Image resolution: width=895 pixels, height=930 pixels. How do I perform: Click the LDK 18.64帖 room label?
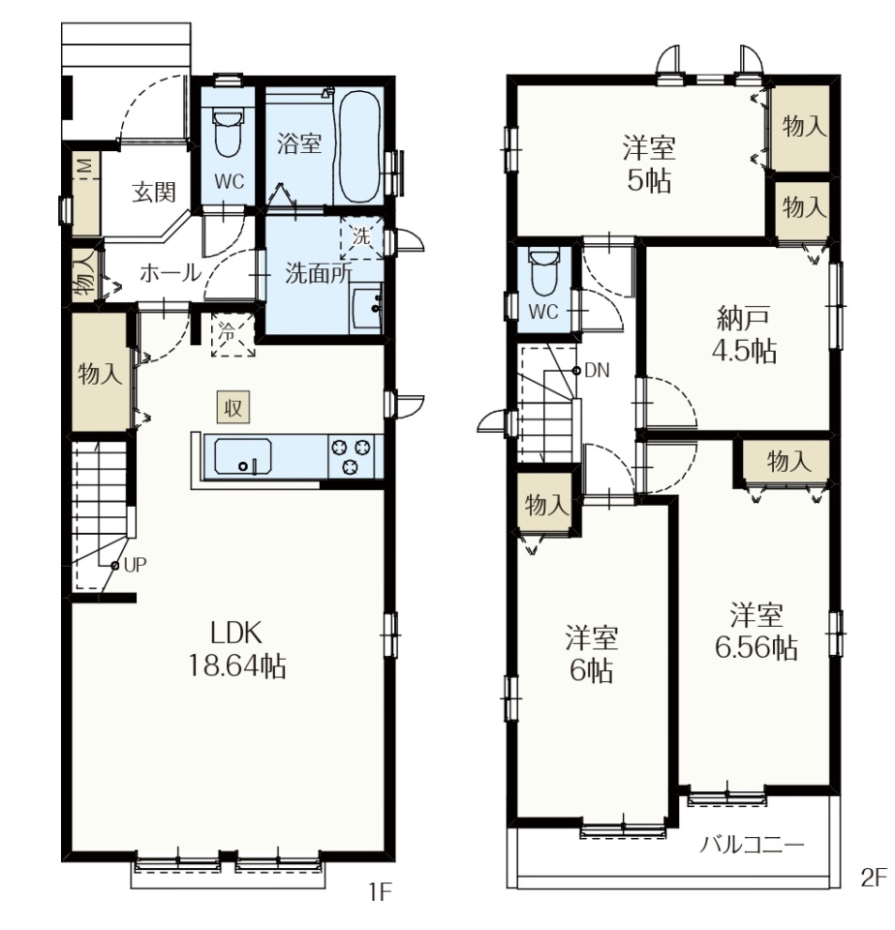(237, 650)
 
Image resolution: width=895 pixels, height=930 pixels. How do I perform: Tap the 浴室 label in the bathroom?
(299, 143)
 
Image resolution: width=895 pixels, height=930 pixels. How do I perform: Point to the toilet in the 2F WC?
(544, 272)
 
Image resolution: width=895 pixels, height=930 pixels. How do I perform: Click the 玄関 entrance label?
(154, 192)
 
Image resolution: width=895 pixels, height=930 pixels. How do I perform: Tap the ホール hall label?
(170, 273)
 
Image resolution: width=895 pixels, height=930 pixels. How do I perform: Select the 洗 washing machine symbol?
(361, 236)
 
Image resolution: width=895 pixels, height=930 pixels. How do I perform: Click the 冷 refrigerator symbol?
(233, 334)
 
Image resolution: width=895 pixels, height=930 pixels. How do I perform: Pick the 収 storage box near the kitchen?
(232, 408)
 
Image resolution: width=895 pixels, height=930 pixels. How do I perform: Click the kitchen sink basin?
(242, 456)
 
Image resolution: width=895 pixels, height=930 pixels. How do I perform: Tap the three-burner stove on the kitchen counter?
(351, 455)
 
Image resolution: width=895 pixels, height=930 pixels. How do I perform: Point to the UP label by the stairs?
(136, 565)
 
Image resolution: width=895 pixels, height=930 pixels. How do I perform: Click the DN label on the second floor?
(597, 370)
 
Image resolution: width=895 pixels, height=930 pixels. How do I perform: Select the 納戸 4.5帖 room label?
(744, 334)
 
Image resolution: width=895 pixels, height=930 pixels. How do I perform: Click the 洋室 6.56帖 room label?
(756, 631)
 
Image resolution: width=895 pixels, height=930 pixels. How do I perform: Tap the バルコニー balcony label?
(752, 844)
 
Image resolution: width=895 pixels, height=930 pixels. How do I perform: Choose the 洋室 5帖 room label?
(649, 164)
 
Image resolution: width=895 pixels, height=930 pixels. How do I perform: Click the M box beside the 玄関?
(86, 169)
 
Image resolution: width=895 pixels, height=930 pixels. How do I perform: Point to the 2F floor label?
(874, 878)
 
